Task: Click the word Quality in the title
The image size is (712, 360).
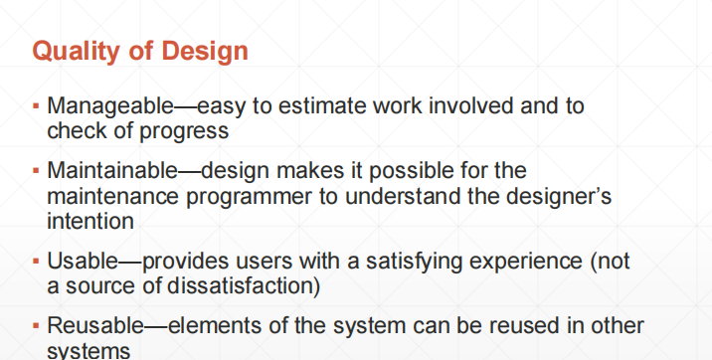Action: pyautogui.click(x=77, y=51)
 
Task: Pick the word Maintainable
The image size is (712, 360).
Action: pyautogui.click(x=112, y=171)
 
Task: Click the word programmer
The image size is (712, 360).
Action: pyautogui.click(x=249, y=198)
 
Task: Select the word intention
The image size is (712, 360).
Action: pyautogui.click(x=90, y=222)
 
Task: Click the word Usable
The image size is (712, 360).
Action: pyautogui.click(x=83, y=261)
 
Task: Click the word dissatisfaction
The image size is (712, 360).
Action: pyautogui.click(x=241, y=286)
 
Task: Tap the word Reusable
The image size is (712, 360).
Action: pyautogui.click(x=95, y=325)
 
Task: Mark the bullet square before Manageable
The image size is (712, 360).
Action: pyautogui.click(x=37, y=106)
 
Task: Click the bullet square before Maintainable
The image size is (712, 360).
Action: pyautogui.click(x=37, y=171)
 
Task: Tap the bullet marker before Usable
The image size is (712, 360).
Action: pyautogui.click(x=37, y=262)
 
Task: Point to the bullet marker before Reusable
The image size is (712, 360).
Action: pyautogui.click(x=37, y=326)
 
